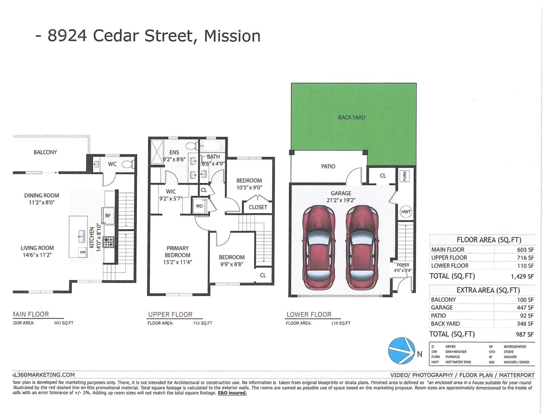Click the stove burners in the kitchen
(109, 242)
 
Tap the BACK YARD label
(352, 117)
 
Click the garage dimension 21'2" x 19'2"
(341, 200)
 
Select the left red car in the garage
(319, 247)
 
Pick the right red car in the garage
(362, 247)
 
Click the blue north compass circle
(401, 351)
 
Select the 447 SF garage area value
(525, 308)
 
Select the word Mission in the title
(232, 36)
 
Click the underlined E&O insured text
(232, 393)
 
